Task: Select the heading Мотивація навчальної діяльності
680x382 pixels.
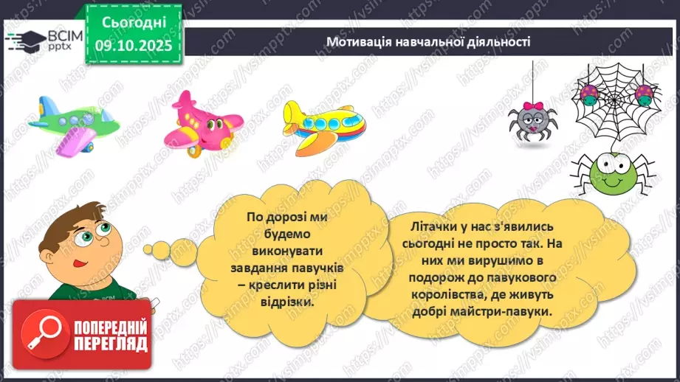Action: (x=428, y=41)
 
